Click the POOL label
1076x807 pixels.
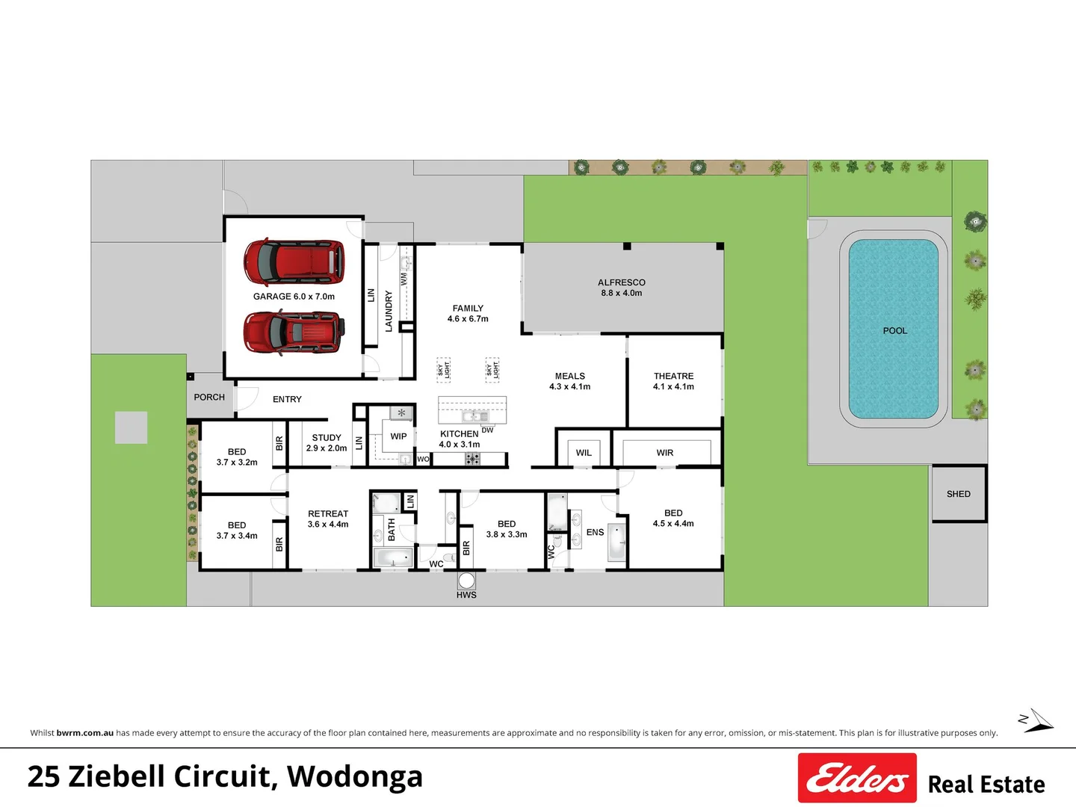[894, 331]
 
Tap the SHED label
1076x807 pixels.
[959, 494]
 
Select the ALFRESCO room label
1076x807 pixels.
[622, 282]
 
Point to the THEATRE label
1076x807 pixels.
[673, 376]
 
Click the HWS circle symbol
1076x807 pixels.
[466, 581]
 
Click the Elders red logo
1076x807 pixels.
[857, 778]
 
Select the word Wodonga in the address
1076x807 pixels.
[354, 776]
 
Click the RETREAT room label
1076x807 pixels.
[328, 513]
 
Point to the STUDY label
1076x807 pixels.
[327, 438]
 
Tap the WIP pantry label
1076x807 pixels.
[398, 436]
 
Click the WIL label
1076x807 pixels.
[584, 453]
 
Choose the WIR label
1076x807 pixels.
[665, 453]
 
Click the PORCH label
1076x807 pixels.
[209, 397]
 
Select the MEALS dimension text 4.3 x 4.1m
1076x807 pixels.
[569, 386]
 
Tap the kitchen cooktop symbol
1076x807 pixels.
[472, 459]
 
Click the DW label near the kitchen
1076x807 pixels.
[487, 430]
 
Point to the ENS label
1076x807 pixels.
[595, 532]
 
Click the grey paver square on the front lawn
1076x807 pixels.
[131, 427]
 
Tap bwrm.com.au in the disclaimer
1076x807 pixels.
[84, 733]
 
